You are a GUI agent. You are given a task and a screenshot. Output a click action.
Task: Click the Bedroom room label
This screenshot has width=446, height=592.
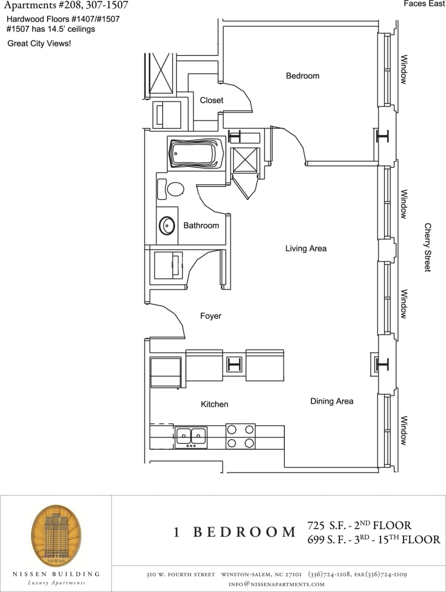coord(302,76)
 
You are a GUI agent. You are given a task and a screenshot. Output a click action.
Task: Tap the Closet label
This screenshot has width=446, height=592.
coord(211,100)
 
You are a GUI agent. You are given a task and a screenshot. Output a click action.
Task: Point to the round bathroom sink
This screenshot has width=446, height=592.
coord(167,226)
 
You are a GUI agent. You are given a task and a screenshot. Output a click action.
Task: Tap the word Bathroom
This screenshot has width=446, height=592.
coord(201,226)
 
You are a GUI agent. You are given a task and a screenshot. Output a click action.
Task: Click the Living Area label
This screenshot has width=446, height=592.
coord(306,248)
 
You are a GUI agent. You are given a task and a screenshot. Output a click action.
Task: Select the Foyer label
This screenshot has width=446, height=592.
coord(211,316)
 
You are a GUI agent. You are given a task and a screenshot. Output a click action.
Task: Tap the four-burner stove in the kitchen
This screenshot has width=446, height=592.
coord(240,436)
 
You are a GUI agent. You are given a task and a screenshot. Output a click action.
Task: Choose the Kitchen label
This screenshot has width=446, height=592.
coord(214,404)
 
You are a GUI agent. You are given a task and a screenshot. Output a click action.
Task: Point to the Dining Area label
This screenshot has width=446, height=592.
coord(331,401)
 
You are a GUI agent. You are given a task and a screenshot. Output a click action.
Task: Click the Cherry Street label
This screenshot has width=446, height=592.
coord(427,247)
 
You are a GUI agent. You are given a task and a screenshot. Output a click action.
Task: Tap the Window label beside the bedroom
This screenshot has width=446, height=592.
coord(404,69)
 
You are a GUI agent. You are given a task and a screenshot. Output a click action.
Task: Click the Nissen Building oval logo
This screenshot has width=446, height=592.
coord(56,534)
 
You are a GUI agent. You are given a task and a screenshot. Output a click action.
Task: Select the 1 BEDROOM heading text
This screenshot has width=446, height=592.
coord(234,532)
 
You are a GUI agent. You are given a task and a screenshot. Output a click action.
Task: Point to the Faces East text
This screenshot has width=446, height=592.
coord(424,4)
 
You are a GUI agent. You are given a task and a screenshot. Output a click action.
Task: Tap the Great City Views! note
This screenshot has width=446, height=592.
coord(39,44)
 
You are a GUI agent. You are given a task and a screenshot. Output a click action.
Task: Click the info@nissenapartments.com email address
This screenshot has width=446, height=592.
coord(276,584)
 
